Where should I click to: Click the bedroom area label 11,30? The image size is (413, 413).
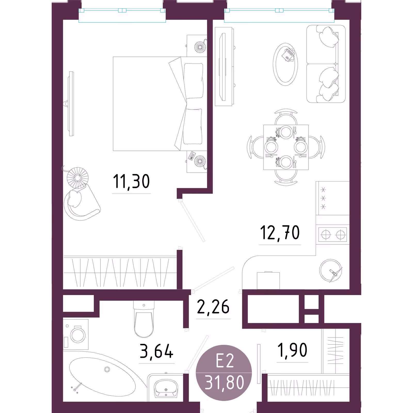[x=131, y=182]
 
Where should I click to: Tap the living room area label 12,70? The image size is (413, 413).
[x=280, y=233]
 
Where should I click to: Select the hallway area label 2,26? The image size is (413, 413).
[x=213, y=307]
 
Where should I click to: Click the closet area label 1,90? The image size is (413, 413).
[x=292, y=350]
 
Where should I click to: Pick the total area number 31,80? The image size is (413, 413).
[x=224, y=383]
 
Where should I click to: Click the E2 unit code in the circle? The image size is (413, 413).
[x=225, y=361]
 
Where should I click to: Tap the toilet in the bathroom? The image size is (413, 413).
[x=144, y=319]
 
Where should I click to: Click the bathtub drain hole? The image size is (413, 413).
[x=107, y=370]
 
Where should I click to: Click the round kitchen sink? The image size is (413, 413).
[x=331, y=271]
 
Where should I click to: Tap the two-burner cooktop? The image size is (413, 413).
[x=333, y=235]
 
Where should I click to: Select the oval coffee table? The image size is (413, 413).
[x=285, y=64]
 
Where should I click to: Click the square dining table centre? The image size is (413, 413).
[x=286, y=147]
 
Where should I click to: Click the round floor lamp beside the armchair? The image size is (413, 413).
[x=77, y=178]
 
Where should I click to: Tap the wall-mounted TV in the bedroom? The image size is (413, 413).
[x=71, y=104]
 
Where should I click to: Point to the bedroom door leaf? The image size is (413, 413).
[x=193, y=221]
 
